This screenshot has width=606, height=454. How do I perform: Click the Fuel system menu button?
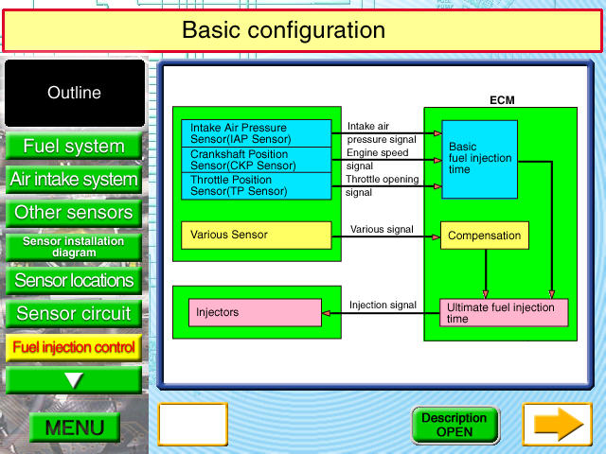tap(74, 147)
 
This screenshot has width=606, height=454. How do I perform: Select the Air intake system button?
tap(74, 180)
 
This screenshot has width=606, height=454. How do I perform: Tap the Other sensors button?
tap(74, 213)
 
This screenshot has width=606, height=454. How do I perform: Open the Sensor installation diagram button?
tap(74, 247)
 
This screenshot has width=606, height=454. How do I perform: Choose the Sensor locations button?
tap(74, 281)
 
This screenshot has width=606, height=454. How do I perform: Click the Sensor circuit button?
tap(74, 314)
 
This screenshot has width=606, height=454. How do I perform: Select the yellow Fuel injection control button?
tap(74, 347)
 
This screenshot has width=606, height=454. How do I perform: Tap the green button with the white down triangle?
tap(74, 380)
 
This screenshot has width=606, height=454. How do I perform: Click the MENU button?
tap(75, 428)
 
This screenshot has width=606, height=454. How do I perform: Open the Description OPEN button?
tap(454, 425)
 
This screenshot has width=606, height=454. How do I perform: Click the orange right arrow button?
tap(558, 425)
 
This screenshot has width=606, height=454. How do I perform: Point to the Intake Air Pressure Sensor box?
tap(256, 133)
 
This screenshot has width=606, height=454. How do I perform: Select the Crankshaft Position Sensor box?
tap(256, 160)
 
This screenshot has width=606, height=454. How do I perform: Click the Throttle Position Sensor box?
tap(256, 185)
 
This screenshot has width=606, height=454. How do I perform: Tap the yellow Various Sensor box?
tap(256, 235)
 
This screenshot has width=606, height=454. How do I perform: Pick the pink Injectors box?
tap(255, 312)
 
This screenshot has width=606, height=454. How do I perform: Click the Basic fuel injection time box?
tap(479, 159)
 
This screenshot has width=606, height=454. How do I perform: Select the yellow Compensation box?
tap(484, 236)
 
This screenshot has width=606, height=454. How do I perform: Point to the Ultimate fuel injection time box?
tap(504, 313)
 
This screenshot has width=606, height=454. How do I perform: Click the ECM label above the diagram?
tap(502, 99)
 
